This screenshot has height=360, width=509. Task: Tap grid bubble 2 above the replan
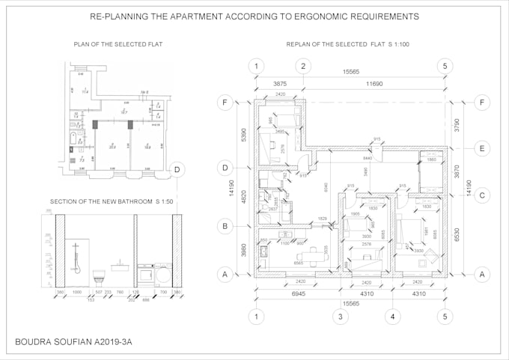(x=303, y=66)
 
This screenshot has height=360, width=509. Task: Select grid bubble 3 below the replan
(x=340, y=316)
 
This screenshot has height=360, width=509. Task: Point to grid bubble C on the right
(x=482, y=196)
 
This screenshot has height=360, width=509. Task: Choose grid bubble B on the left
(x=223, y=225)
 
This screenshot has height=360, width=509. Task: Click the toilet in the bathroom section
(x=97, y=276)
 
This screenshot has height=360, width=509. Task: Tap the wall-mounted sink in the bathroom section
(x=121, y=264)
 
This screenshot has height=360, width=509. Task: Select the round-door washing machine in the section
(x=161, y=274)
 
